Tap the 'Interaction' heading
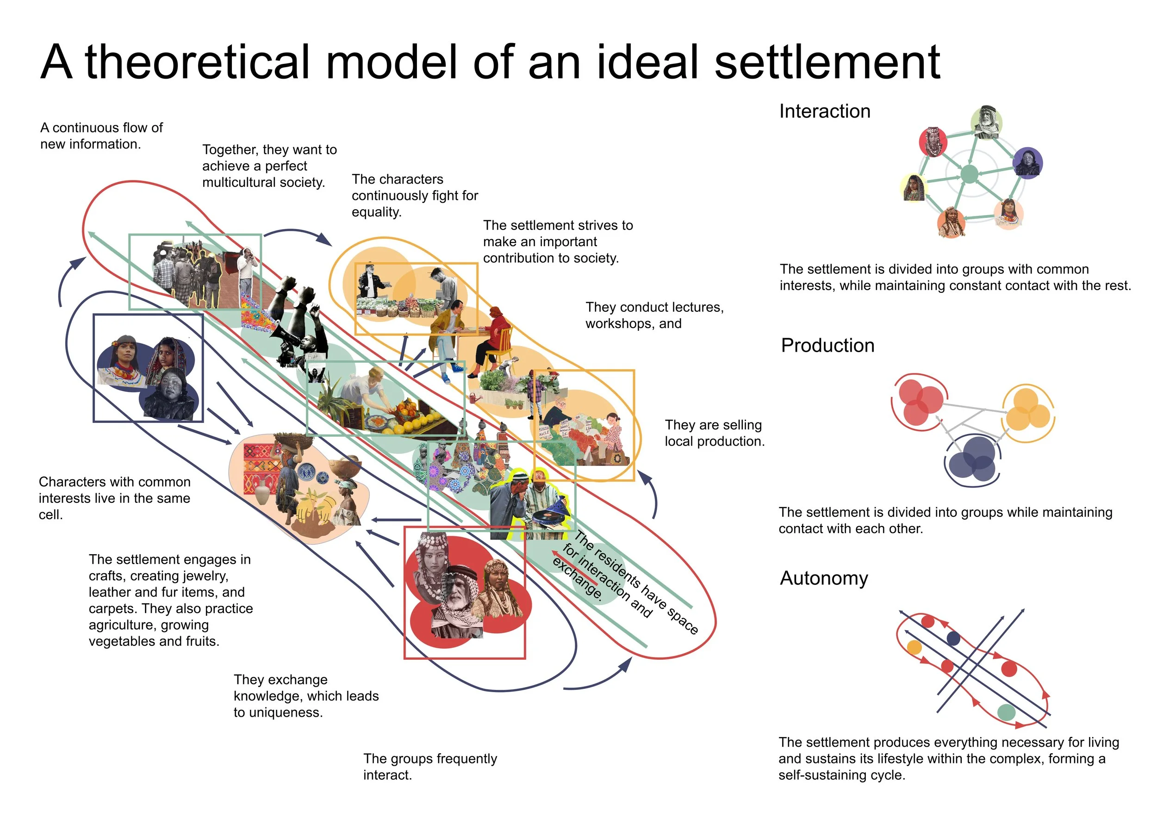coord(824,112)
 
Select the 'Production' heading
coord(827,346)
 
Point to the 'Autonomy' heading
coord(824,578)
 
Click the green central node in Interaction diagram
coord(969,174)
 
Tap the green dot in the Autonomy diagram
coord(1006,712)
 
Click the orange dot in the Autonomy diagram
coord(914,647)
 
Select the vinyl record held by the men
coord(547,517)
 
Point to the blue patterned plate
coord(306,472)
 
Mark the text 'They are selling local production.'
coord(714,433)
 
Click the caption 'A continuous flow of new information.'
coord(101,136)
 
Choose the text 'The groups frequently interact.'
coord(430,767)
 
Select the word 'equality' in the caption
coord(375,212)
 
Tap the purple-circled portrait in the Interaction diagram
coord(1027,162)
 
